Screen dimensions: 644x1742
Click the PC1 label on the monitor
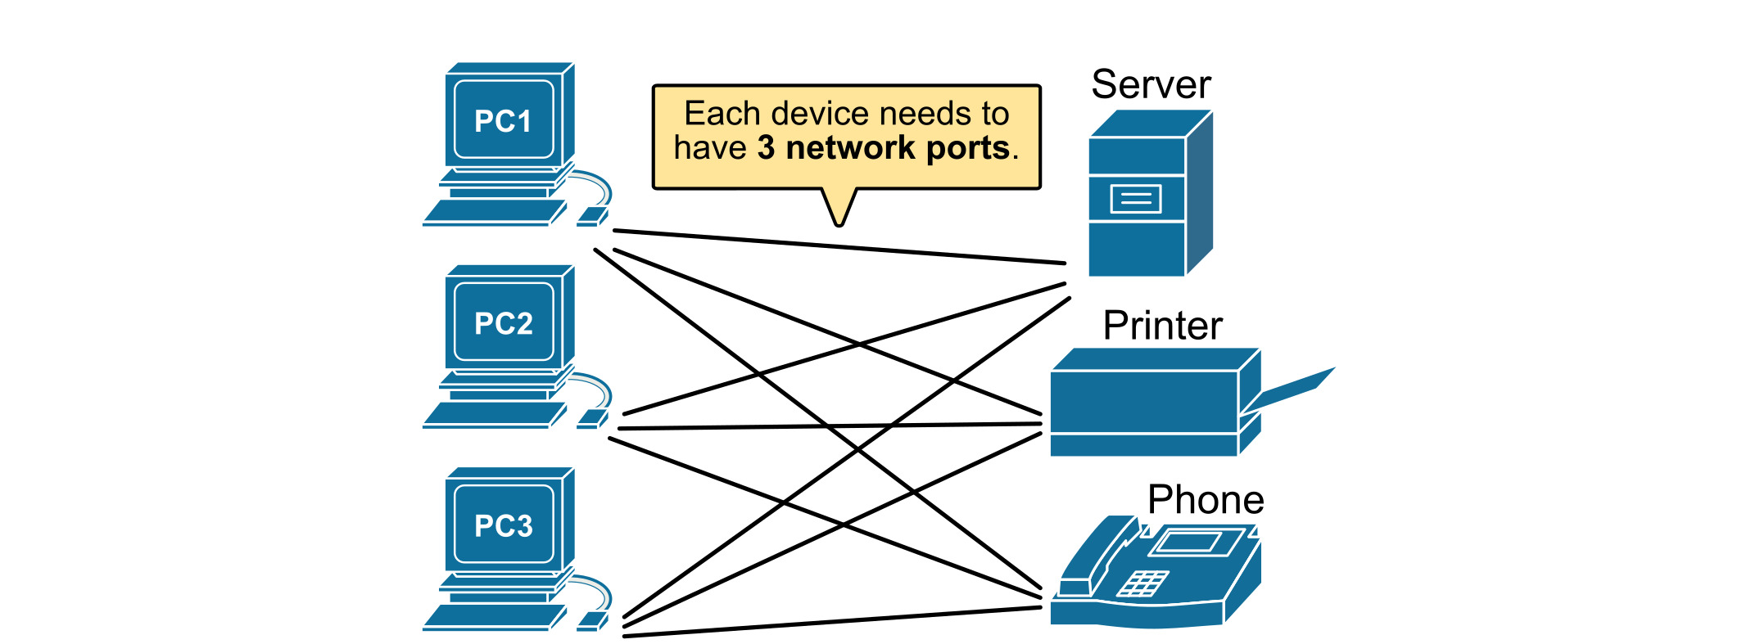click(x=503, y=121)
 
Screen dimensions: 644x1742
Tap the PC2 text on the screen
click(x=503, y=323)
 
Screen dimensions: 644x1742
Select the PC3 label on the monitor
click(x=503, y=525)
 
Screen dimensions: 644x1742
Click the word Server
click(x=1151, y=84)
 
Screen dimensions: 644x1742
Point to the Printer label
click(x=1162, y=326)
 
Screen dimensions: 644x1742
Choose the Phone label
click(x=1206, y=500)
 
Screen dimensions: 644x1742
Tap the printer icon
click(x=1147, y=405)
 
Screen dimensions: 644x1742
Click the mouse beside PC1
click(x=591, y=217)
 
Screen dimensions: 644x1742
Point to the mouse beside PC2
click(x=591, y=419)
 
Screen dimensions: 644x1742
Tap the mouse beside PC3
click(x=591, y=621)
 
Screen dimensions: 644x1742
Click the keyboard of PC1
click(x=494, y=213)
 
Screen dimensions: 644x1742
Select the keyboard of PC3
click(x=494, y=617)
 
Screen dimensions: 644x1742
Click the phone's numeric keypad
click(x=1142, y=583)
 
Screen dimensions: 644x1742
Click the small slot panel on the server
click(x=1135, y=199)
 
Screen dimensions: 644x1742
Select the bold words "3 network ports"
click(x=883, y=148)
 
